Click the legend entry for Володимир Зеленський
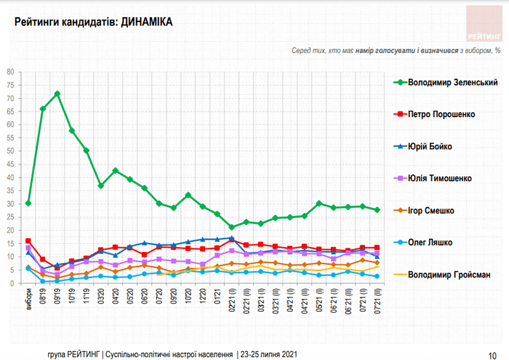453,82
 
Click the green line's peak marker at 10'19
57,94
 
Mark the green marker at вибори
28,204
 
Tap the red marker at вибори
28,241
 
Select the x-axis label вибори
28,297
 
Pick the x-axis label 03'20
101,297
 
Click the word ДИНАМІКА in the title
147,23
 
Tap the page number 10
492,354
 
